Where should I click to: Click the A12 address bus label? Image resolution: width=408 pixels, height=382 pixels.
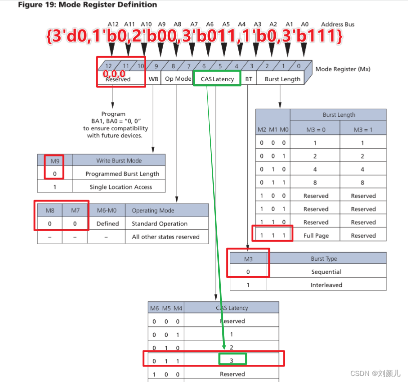pos(113,24)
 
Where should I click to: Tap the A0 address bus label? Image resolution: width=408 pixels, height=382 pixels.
pos(305,24)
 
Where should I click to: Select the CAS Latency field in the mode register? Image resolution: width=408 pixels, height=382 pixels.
pos(217,79)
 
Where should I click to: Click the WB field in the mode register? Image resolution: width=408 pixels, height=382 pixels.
pos(153,79)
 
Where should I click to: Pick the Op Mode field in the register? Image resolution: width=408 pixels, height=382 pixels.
pos(178,79)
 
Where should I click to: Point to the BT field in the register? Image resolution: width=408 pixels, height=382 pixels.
pos(248,79)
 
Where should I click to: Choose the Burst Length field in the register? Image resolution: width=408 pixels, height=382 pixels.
pos(282,79)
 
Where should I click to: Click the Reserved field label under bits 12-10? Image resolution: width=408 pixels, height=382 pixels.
pos(118,79)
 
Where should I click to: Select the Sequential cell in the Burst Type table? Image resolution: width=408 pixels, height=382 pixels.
pos(326,272)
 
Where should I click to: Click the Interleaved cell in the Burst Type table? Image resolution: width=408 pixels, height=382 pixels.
pos(326,285)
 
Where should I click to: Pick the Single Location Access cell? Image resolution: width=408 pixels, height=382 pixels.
pos(121,187)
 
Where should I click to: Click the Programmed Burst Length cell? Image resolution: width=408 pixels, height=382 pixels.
pos(122,174)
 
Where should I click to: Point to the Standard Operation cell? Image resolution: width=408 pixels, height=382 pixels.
pos(160,224)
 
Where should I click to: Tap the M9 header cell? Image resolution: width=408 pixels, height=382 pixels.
pos(55,161)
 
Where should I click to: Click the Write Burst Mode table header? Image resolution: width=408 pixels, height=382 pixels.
pos(119,161)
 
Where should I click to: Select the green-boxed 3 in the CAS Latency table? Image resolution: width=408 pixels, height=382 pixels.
pos(232,360)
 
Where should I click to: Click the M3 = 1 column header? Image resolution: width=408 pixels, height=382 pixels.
pos(363,129)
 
